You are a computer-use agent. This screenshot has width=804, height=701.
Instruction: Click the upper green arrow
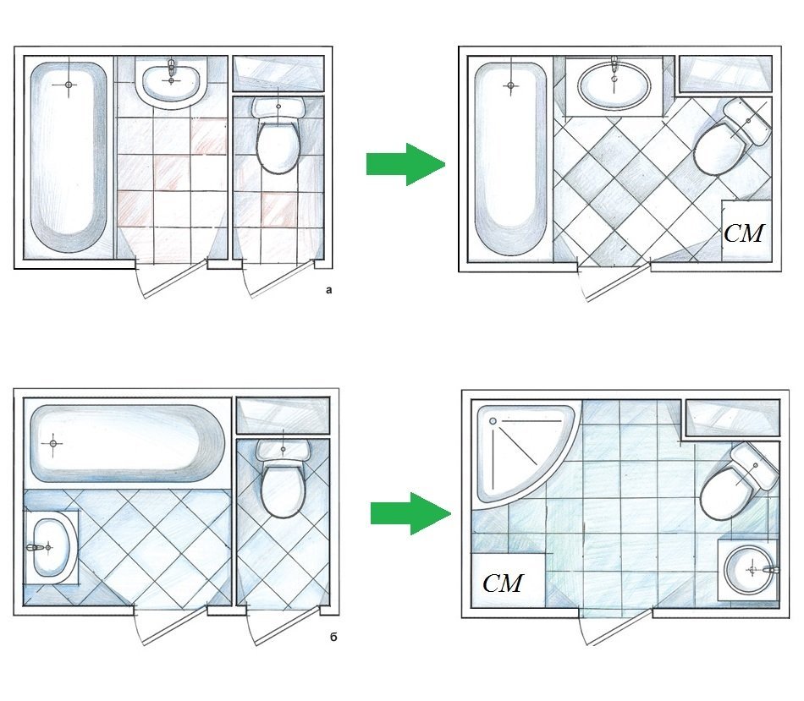click(x=405, y=164)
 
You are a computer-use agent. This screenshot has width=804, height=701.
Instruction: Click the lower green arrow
click(x=410, y=512)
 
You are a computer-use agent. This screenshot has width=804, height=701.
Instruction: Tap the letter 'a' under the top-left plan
click(x=329, y=290)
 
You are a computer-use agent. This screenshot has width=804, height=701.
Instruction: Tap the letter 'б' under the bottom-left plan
click(x=333, y=636)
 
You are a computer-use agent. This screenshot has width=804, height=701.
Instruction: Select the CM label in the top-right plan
click(x=745, y=233)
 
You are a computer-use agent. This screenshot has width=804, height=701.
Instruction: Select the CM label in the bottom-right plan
click(x=503, y=583)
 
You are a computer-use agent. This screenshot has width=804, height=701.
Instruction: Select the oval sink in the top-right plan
click(x=614, y=85)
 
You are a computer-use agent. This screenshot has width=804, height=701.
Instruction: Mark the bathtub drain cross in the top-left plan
click(x=68, y=85)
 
